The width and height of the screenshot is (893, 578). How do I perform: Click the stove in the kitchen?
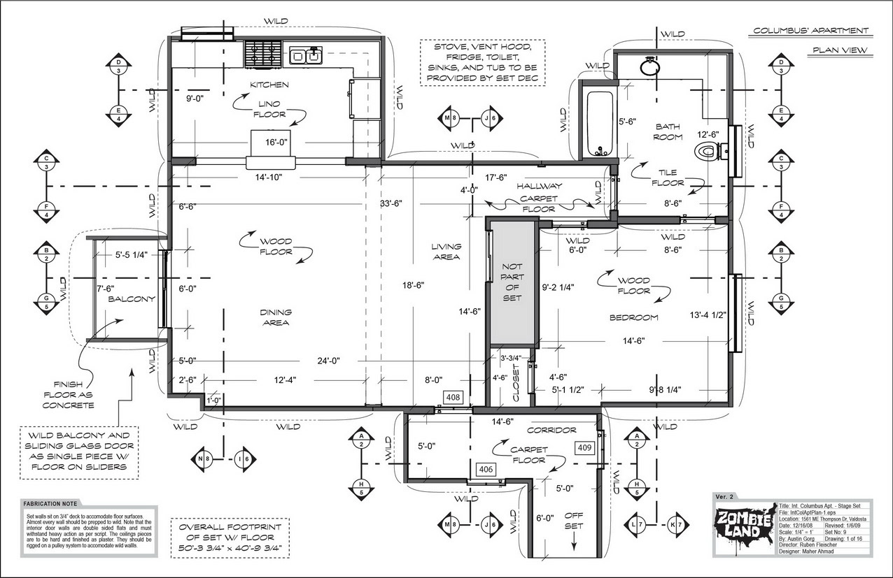(x=263, y=52)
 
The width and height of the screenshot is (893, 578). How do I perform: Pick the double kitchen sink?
(x=305, y=54)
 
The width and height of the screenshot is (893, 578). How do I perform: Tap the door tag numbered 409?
(x=584, y=446)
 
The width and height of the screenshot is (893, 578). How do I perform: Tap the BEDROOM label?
(x=633, y=317)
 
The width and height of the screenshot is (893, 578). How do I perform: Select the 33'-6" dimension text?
(x=392, y=204)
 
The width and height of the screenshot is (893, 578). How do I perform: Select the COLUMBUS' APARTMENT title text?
(x=811, y=31)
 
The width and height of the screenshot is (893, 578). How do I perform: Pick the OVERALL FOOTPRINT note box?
(x=230, y=537)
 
